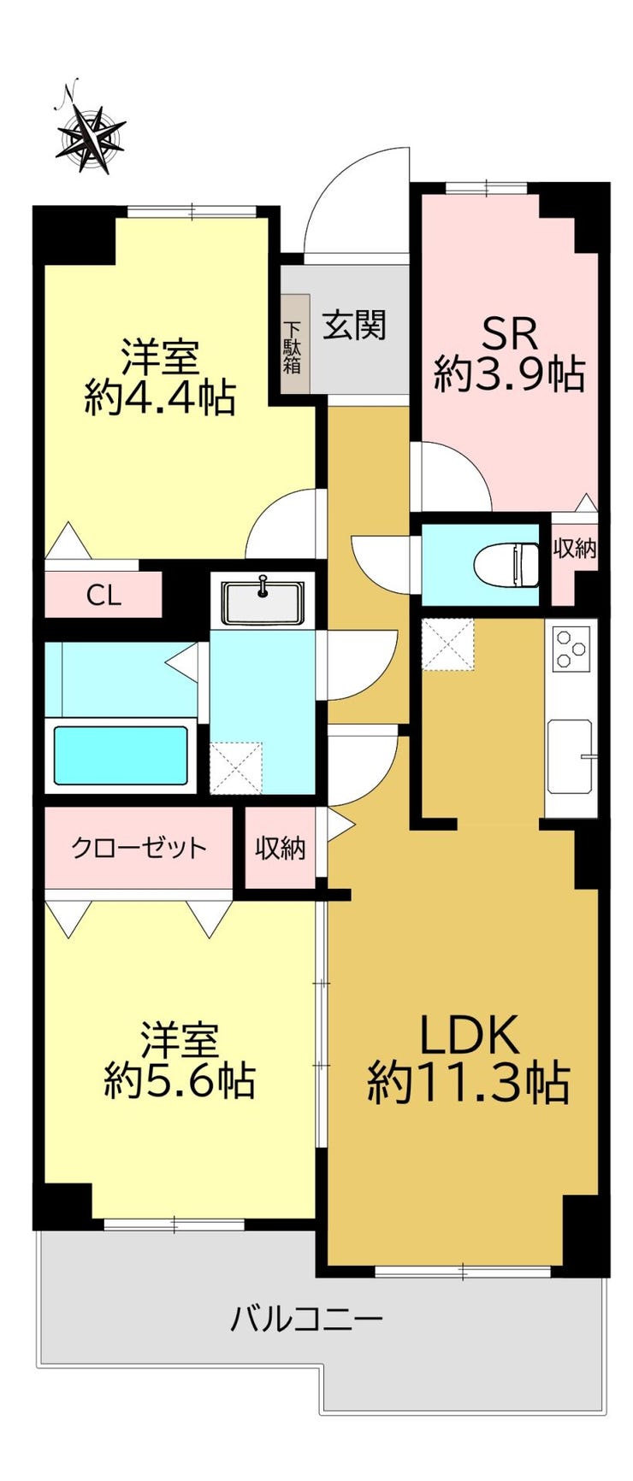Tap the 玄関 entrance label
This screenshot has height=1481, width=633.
click(x=353, y=325)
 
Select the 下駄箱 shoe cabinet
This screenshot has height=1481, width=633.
click(x=293, y=344)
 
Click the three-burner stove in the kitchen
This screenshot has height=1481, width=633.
click(x=571, y=648)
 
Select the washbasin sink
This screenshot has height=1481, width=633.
click(x=262, y=600)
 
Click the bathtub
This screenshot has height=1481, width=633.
click(x=121, y=755)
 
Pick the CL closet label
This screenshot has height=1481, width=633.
click(x=104, y=596)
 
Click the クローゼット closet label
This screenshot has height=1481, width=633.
click(x=139, y=849)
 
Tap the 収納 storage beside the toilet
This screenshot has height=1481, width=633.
click(x=574, y=549)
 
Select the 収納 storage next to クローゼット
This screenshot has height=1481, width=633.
click(x=281, y=849)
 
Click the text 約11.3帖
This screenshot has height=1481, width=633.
click(x=468, y=1083)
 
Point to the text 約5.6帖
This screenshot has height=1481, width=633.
click(x=179, y=1081)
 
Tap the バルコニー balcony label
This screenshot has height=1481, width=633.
click(x=306, y=1320)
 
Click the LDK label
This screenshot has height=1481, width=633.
click(x=468, y=1035)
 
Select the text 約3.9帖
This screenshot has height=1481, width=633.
click(x=510, y=374)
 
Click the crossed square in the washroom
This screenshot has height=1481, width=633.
click(x=235, y=767)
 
